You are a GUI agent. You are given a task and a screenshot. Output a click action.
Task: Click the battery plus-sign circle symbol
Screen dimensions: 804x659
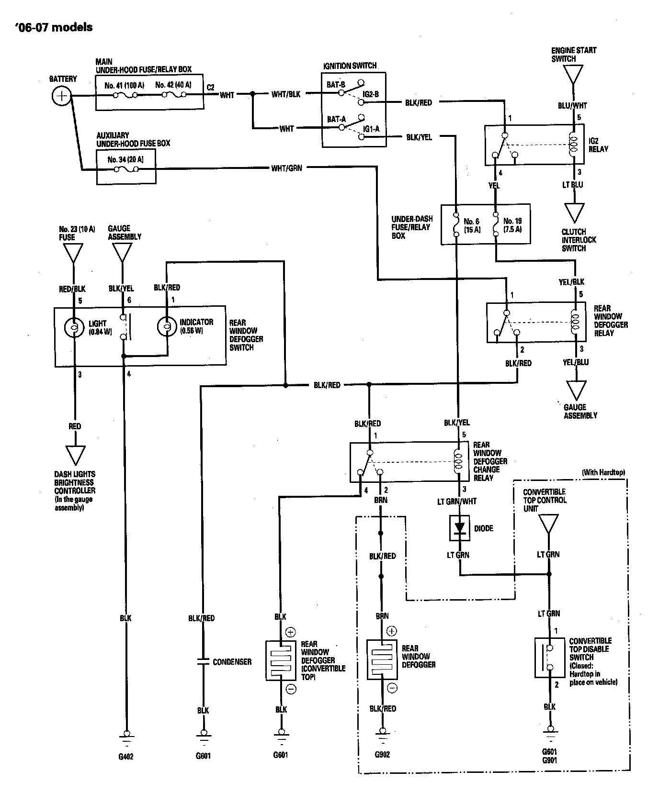61,96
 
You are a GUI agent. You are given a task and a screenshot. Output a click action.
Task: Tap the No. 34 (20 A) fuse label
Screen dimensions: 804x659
125,159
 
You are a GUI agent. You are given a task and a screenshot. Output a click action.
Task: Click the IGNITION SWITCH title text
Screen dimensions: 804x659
350,66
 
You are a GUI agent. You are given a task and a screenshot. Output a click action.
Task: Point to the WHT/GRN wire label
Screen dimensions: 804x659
286,168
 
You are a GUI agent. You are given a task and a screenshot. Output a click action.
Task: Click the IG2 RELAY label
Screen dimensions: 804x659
598,145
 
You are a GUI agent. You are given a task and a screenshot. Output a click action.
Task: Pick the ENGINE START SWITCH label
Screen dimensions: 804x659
573,55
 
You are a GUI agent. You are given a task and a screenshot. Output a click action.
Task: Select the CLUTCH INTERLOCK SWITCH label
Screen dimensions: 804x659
579,240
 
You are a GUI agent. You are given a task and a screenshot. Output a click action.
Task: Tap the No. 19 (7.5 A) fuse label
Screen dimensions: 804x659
512,225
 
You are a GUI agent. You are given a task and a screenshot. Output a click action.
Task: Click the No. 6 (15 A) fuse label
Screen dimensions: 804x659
472,225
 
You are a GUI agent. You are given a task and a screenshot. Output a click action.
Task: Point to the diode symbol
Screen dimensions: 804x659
460,528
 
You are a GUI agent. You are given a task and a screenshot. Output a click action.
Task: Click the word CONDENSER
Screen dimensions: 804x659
232,662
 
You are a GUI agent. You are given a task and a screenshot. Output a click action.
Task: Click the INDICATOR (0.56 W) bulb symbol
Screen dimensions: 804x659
167,327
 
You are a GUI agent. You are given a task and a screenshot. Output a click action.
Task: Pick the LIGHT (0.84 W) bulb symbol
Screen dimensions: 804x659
74,328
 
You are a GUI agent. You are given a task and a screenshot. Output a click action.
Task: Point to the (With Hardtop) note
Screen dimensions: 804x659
603,472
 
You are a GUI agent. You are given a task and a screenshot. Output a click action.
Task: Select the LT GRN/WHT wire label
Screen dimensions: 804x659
457,501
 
